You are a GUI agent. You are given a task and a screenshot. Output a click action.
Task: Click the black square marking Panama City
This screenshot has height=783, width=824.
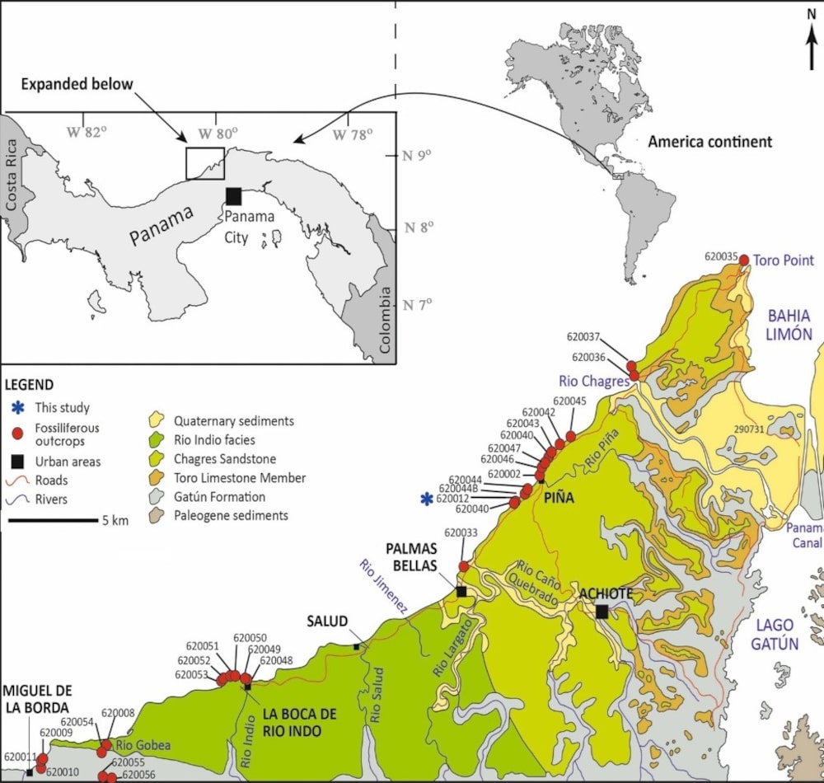tap(234, 195)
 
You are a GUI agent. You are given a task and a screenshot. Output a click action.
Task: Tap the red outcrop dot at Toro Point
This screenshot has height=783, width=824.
tap(744, 260)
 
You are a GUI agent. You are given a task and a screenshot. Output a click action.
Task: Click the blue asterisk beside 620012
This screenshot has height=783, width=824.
tap(426, 499)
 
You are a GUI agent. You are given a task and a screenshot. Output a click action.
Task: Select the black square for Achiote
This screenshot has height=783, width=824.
tap(602, 611)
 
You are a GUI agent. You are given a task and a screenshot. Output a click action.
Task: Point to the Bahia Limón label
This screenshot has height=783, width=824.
tap(789, 325)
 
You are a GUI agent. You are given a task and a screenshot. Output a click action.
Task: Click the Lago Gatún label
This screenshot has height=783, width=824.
tap(774, 633)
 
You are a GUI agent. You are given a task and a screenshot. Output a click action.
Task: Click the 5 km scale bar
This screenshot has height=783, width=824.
tap(54, 520)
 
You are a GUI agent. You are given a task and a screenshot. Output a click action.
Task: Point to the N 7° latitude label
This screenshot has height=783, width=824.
tap(419, 305)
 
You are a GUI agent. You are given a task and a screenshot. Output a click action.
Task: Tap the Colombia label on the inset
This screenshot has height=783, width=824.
tap(384, 320)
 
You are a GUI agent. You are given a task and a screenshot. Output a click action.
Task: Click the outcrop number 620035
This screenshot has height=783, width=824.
tap(721, 256)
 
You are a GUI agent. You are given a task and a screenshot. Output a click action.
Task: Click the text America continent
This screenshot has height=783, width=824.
tap(709, 142)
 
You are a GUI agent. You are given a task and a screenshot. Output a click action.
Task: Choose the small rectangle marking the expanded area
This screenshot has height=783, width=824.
tap(204, 162)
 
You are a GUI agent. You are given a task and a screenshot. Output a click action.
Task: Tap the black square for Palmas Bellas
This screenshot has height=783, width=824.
tap(461, 591)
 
